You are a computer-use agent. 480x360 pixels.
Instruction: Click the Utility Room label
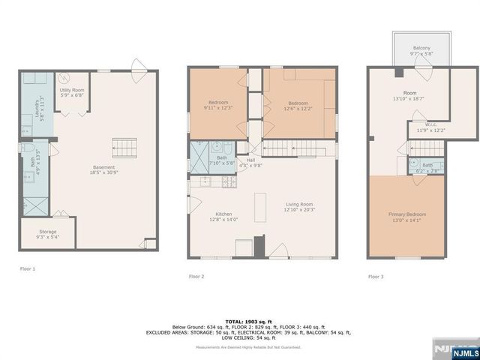(71, 93)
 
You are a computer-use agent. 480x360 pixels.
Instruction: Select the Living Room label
(299, 207)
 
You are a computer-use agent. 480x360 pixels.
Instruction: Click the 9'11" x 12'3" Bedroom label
(218, 105)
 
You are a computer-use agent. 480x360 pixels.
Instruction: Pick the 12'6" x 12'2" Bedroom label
(298, 106)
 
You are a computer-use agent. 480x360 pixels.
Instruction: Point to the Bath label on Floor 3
(427, 167)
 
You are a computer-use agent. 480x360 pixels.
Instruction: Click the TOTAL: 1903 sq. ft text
(239, 321)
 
